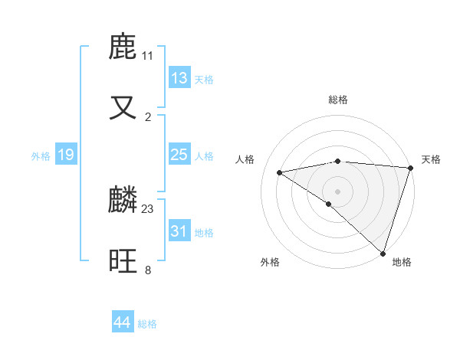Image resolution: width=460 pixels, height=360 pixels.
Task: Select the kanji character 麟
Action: pos(123,201)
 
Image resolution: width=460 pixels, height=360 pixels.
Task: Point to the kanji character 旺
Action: pos(123,261)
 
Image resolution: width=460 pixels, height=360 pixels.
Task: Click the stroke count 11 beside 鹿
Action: pos(147,56)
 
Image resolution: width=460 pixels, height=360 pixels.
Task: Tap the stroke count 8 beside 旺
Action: pos(148,270)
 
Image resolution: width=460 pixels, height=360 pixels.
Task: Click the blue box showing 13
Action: pos(179,78)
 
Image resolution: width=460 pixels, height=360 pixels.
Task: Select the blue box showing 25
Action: pos(179,155)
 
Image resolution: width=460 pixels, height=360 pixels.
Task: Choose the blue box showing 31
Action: pos(179,231)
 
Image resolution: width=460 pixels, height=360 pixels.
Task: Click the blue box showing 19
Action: pos(66,155)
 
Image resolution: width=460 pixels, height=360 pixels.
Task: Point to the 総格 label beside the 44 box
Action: pos(147,324)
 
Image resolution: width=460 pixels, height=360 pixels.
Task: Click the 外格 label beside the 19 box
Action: pos(41,156)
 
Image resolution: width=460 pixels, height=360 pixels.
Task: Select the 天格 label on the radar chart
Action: pos(432,159)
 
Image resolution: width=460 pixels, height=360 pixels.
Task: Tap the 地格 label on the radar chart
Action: pos(402,262)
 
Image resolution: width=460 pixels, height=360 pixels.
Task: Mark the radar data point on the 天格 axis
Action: pos(410,167)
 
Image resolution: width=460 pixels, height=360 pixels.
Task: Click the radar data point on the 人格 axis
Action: pos(280,172)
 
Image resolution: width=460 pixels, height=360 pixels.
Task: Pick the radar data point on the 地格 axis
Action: pos(383,253)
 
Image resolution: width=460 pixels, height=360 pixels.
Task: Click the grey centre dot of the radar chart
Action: pos(337,191)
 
